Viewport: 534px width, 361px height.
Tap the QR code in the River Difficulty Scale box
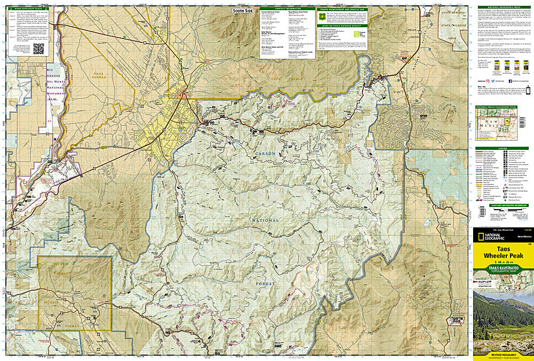(x=38, y=49)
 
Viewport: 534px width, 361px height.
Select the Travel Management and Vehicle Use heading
(x=342, y=10)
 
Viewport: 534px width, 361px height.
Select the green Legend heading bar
(x=502, y=148)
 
